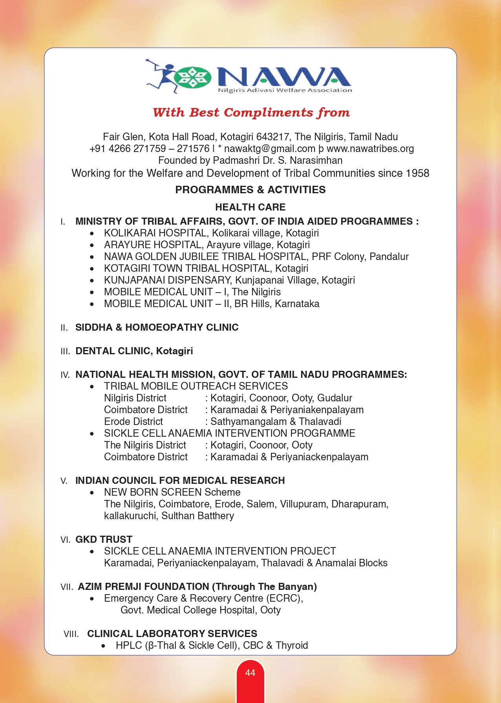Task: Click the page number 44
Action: (x=250, y=673)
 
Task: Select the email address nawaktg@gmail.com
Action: (x=270, y=148)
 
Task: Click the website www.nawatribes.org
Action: (x=370, y=148)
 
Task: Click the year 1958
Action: (x=417, y=173)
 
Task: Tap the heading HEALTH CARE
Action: (x=250, y=207)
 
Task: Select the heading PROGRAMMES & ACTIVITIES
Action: (x=250, y=190)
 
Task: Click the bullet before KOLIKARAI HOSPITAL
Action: (x=92, y=233)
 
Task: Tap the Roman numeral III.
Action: (x=65, y=351)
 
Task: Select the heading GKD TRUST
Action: (x=104, y=539)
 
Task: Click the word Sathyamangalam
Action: (x=249, y=421)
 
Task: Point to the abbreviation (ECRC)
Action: (x=284, y=598)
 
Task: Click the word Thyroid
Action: (x=292, y=645)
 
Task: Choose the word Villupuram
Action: (x=304, y=504)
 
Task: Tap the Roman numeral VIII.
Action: (x=71, y=634)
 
